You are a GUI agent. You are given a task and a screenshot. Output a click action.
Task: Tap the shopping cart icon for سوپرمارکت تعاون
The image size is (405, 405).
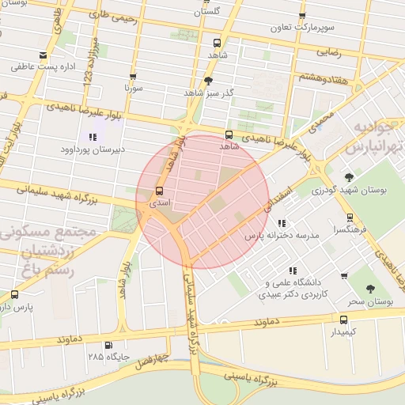click(301, 17)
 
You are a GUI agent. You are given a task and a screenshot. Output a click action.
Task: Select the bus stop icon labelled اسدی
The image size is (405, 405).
click(160, 191)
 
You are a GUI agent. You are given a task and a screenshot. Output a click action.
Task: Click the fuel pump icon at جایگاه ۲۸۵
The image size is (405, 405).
click(108, 345)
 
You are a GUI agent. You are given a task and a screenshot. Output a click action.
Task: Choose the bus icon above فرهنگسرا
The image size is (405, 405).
click(349, 217)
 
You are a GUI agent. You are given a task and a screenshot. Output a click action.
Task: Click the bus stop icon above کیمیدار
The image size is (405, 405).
click(343, 320)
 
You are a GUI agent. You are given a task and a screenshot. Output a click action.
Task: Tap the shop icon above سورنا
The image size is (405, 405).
click(133, 78)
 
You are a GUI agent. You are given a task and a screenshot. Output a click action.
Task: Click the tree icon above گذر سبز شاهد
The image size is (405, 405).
click(208, 81)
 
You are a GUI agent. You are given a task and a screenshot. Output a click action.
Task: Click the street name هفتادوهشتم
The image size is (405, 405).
click(320, 77)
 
